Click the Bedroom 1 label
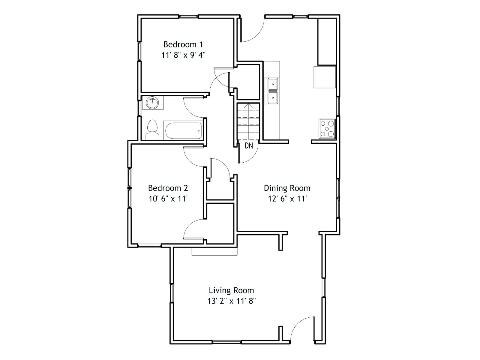pos(183,45)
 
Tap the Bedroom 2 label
pos(168,188)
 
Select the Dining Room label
pos(287,188)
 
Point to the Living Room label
pos(231,290)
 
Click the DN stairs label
pos(249,146)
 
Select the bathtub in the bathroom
pos(184,131)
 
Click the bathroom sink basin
pos(152,103)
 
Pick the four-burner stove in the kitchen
pos(327,129)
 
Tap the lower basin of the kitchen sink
pos(272,97)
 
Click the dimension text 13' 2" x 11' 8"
pos(231,301)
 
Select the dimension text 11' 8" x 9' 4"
pos(183,55)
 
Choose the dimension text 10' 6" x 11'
pos(168,199)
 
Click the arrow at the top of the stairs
pos(248,106)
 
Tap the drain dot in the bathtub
pos(199,131)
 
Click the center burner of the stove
pos(327,129)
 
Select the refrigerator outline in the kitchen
pos(325,77)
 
